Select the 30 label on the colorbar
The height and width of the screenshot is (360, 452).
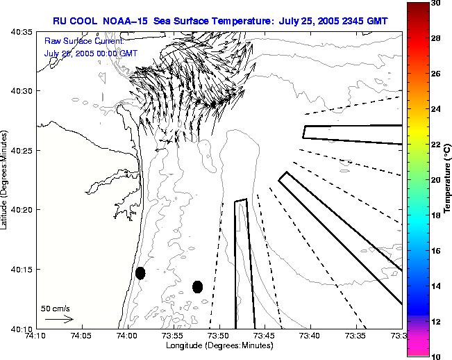pos(435,3)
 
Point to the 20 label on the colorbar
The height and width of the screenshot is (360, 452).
pos(435,179)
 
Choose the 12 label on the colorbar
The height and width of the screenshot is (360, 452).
pos(435,321)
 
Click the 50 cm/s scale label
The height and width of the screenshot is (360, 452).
pos(56,308)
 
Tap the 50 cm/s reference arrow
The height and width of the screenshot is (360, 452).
pos(59,319)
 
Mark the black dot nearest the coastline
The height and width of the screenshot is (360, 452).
pos(140,273)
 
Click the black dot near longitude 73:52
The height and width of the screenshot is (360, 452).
pos(197,286)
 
